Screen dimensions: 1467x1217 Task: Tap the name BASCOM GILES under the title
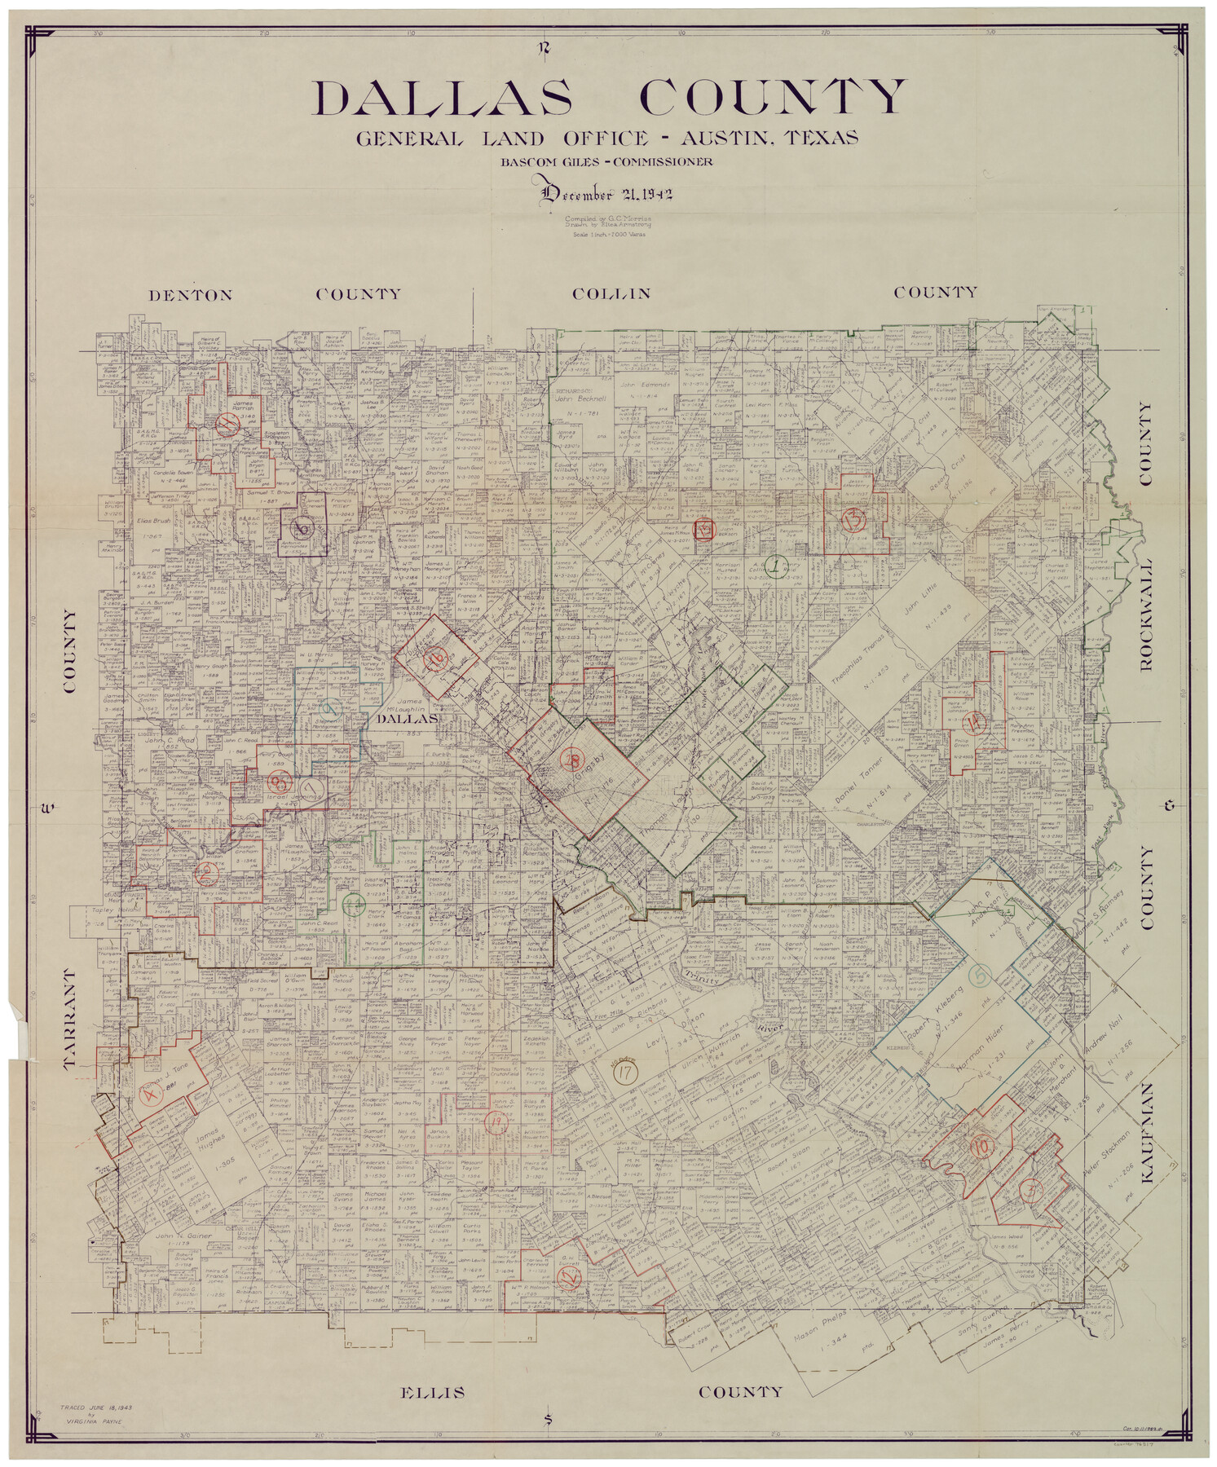click(545, 161)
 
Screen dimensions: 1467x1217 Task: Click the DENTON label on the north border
click(191, 295)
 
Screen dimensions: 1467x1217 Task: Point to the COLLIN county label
click(611, 293)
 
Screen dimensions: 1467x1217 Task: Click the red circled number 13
click(853, 520)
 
